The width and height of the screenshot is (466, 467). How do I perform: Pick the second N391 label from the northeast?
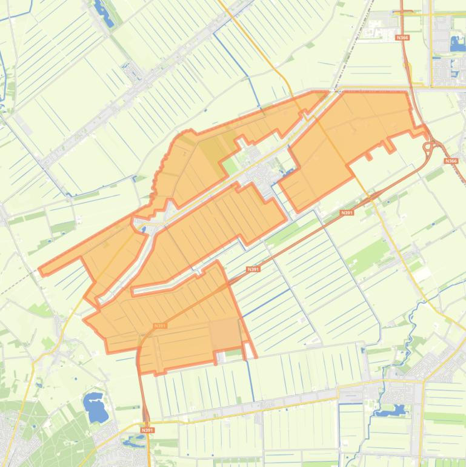(x=253, y=269)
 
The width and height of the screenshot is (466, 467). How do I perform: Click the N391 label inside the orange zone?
(x=160, y=326)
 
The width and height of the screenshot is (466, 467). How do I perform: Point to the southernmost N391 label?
(x=147, y=430)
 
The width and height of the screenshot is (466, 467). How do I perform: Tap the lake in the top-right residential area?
(x=456, y=43)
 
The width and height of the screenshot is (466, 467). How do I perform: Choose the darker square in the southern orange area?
(x=225, y=334)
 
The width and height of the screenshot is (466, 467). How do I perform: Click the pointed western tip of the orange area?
(x=41, y=270)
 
